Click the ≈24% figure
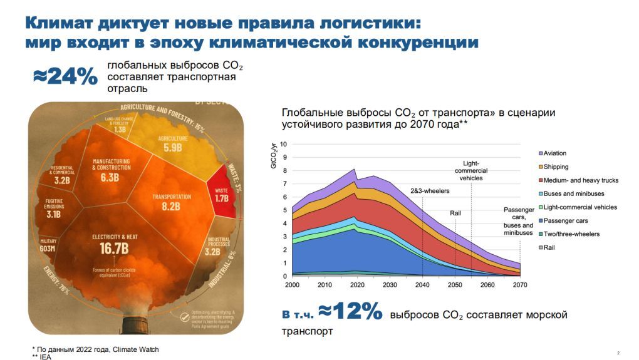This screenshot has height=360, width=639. (x=65, y=76)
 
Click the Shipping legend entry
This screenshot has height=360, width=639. (x=556, y=167)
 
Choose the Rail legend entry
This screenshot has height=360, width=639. (x=550, y=247)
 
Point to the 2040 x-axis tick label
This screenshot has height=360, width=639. (x=422, y=285)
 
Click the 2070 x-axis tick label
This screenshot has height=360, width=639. (x=519, y=285)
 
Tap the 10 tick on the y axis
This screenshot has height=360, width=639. (x=283, y=144)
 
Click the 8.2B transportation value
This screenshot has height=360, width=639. (x=170, y=206)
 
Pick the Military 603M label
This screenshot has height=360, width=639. (x=48, y=244)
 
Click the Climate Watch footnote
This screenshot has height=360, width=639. (x=96, y=349)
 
